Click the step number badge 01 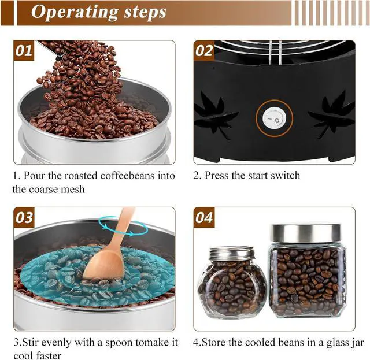point(24,50)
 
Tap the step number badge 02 point(204,50)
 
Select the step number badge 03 point(24,218)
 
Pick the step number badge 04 point(204,218)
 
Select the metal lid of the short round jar point(231,253)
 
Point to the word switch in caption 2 point(280,175)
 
